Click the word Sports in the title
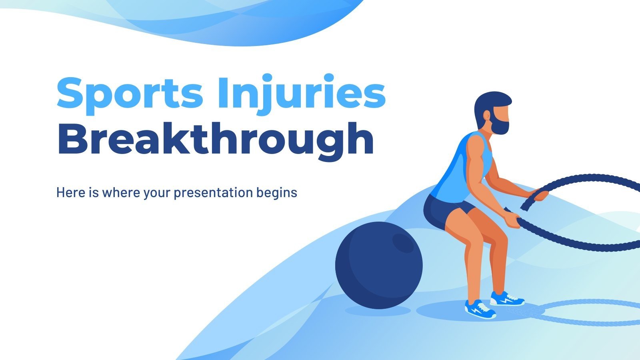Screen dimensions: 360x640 tap(130, 93)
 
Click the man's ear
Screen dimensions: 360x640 tap(487, 116)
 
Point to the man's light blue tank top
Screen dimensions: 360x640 tap(460, 172)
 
